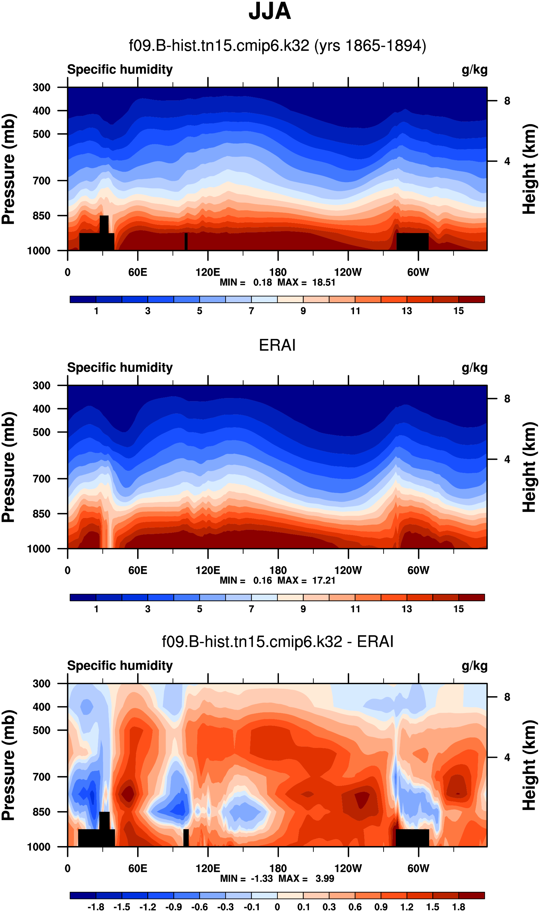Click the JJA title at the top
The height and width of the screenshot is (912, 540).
pyautogui.click(x=270, y=12)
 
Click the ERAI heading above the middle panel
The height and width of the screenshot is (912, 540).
pyautogui.click(x=277, y=345)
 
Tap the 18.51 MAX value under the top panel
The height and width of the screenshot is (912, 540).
pyautogui.click(x=323, y=282)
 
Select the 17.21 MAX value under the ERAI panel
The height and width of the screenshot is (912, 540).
pyautogui.click(x=323, y=581)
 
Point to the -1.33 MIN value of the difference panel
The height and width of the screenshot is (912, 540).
pyautogui.click(x=262, y=879)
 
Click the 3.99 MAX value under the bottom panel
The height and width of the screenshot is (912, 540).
pyautogui.click(x=325, y=879)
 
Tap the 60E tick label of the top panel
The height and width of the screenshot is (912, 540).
pyautogui.click(x=137, y=272)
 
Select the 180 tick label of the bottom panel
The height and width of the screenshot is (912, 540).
pyautogui.click(x=278, y=868)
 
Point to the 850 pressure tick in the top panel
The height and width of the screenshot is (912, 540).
pyautogui.click(x=41, y=216)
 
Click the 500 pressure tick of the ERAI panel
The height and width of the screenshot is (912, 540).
pyautogui.click(x=41, y=432)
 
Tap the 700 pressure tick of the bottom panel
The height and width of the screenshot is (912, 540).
pyautogui.click(x=41, y=777)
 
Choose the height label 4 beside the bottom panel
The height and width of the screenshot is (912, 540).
pyautogui.click(x=507, y=757)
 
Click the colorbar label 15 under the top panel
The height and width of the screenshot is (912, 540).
pyautogui.click(x=458, y=311)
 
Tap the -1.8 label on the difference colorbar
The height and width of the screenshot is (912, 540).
pyautogui.click(x=96, y=907)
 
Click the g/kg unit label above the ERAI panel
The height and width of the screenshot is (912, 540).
pyautogui.click(x=475, y=368)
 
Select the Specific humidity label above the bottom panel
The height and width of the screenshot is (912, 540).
pyautogui.click(x=120, y=665)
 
